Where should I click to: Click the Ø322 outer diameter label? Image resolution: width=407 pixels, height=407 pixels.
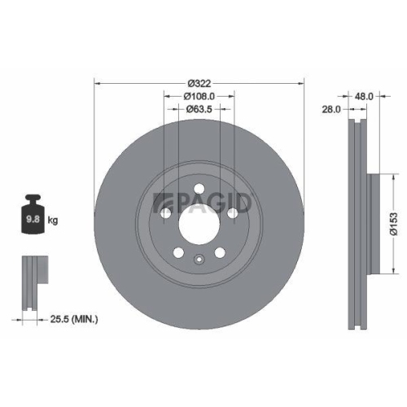[x=199, y=83]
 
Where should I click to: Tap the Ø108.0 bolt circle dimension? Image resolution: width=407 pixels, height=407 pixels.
[x=199, y=96]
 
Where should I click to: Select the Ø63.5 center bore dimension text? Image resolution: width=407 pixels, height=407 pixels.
[x=199, y=108]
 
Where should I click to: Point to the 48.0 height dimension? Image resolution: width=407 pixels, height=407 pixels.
[x=364, y=95]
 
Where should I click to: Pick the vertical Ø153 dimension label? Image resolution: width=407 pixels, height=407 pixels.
[x=392, y=219]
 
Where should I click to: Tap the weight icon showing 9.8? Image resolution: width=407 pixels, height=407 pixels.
[x=35, y=216]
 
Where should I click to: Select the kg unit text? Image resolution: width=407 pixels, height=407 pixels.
[x=53, y=220]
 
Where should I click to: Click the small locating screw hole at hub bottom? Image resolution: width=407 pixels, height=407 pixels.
[x=199, y=260]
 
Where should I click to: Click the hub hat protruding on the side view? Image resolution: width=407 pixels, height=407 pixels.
[x=375, y=219]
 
